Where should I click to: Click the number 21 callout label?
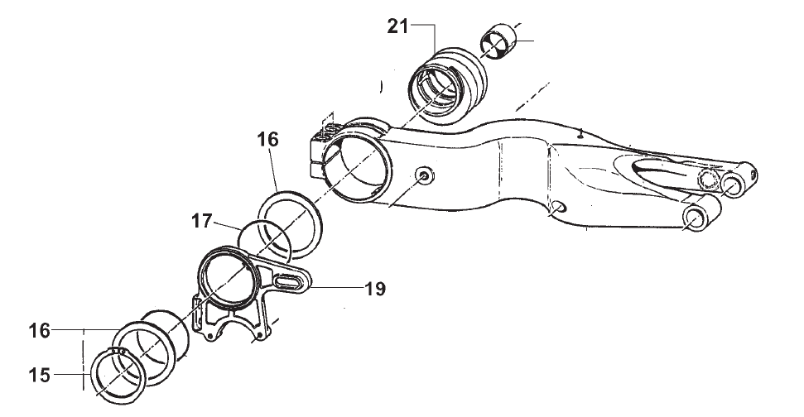(x=398, y=26)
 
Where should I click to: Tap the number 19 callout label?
(x=375, y=289)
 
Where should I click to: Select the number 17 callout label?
(x=202, y=222)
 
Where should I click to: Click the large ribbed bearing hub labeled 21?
(x=447, y=83)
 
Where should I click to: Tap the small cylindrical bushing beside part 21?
(x=499, y=46)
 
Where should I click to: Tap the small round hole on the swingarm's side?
(x=424, y=175)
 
